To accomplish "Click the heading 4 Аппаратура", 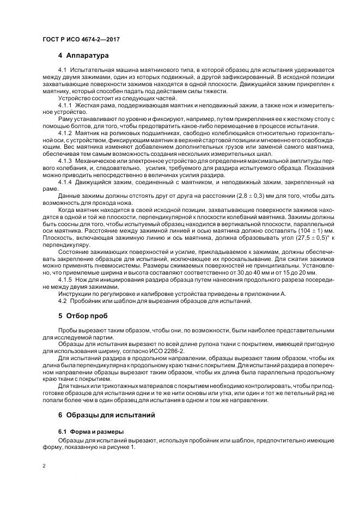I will [83, 56].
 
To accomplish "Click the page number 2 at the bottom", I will [44, 466].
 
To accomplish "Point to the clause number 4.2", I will [62, 301].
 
